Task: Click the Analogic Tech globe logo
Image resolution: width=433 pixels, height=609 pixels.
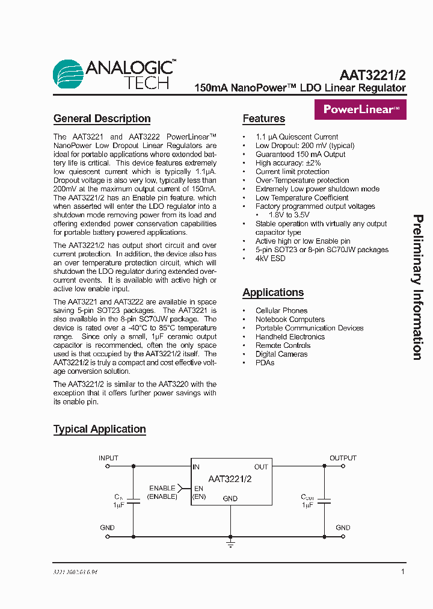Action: (67, 75)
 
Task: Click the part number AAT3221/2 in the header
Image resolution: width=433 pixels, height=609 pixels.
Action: (372, 75)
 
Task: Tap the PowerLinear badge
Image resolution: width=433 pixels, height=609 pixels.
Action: (360, 110)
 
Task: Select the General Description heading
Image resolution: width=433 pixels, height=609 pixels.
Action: (102, 119)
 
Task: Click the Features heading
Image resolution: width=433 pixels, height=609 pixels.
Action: (263, 119)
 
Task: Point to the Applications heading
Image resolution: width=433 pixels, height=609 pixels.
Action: (273, 292)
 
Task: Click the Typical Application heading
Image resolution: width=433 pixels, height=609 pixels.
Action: (100, 429)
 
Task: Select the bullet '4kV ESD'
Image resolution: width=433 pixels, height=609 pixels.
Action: (270, 258)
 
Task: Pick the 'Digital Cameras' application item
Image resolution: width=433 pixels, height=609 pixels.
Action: (281, 354)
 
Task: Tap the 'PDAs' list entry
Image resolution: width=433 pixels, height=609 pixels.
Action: (265, 363)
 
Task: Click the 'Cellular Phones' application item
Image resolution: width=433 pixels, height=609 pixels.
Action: (281, 311)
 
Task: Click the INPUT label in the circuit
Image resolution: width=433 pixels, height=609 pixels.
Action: (108, 458)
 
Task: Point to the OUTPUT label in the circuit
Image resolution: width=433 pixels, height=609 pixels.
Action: (343, 458)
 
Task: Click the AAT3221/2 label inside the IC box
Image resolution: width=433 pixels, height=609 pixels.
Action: (230, 479)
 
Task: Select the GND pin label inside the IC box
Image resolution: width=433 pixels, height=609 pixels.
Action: (230, 498)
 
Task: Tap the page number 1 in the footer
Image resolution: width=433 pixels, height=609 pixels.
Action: (402, 572)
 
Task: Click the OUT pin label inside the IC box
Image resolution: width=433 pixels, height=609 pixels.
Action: (261, 467)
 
